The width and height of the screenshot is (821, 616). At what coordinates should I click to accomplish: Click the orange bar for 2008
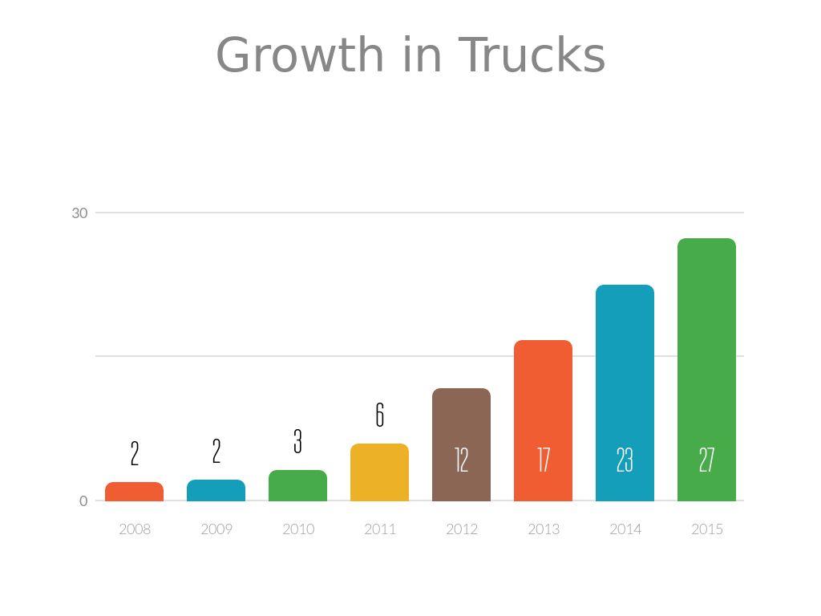[134, 492]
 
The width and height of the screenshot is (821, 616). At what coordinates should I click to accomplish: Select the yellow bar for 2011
[379, 472]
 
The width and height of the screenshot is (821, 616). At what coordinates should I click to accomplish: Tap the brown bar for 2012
[461, 425]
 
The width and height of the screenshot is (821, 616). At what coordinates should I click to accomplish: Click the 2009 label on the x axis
[216, 529]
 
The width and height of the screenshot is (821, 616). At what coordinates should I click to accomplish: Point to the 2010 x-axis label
[298, 529]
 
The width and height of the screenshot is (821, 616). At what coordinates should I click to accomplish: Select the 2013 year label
[544, 529]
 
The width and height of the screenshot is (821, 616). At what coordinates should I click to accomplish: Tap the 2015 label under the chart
[706, 529]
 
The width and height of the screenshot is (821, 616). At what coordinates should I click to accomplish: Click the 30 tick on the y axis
[79, 213]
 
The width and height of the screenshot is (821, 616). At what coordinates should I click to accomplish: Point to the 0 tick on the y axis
[83, 501]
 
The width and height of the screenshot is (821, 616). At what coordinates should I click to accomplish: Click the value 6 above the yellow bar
[379, 415]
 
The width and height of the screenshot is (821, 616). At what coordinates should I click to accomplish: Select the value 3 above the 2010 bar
[297, 441]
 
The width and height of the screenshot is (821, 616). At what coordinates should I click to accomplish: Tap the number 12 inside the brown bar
[461, 460]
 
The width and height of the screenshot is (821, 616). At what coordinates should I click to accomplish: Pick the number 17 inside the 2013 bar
[544, 460]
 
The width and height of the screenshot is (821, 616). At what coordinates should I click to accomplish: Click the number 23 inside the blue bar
[625, 460]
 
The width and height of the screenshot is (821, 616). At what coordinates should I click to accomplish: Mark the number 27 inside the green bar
[706, 460]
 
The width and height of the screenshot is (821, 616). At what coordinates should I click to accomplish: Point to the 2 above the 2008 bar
[134, 454]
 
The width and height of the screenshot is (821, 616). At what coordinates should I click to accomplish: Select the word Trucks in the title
[532, 56]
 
